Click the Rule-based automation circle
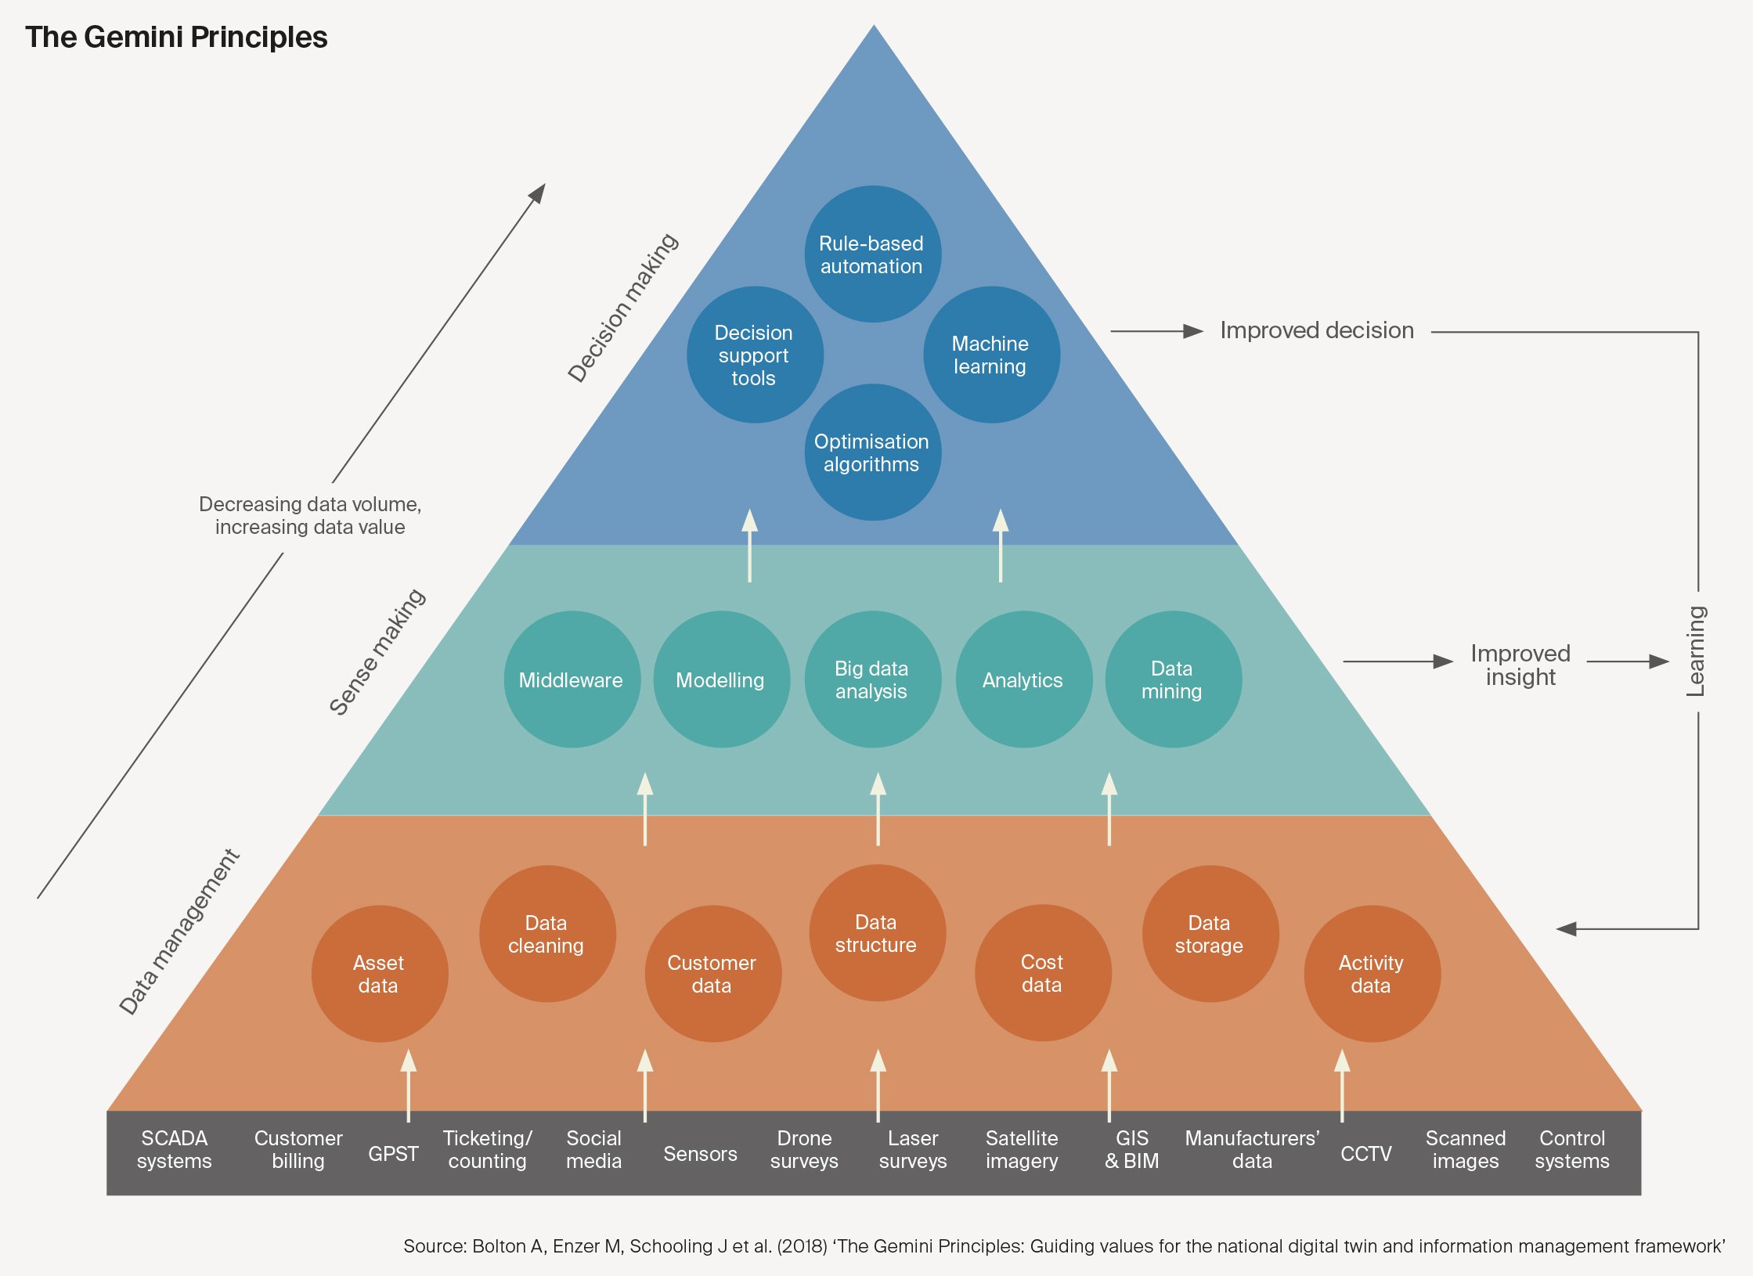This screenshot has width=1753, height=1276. pos(872,254)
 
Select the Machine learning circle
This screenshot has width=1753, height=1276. pos(991,355)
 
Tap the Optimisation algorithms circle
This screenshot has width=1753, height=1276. pos(872,452)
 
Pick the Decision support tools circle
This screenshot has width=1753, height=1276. pos(755,355)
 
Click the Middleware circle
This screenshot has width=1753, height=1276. pos(572,679)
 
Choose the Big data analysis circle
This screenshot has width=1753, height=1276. pos(872,679)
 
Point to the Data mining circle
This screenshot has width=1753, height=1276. pos(1173,679)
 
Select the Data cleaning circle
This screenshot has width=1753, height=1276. pos(547,934)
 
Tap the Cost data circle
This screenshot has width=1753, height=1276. pos(1043,973)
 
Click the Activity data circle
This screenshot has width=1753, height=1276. pos(1372,974)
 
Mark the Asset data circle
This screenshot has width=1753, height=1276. pos(380,974)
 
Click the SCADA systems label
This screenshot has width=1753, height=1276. pos(174,1149)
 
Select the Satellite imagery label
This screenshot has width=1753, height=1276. pos(1022,1149)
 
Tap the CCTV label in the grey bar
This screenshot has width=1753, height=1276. pos(1366,1154)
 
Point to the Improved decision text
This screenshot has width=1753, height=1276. pos(1317,330)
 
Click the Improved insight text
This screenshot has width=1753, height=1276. pos(1520,665)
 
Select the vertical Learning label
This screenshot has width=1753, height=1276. pos(1695,651)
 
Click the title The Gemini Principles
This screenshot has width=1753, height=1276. pos(176,37)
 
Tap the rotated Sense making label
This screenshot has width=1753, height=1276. pos(377,652)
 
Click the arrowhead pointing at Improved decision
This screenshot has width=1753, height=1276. pos(1193,332)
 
